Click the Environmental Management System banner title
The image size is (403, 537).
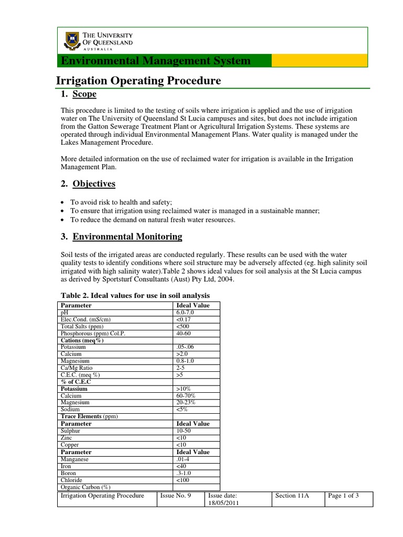pos(156,61)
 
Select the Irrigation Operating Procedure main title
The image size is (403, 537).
pos(139,81)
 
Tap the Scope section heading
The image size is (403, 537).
pos(84,94)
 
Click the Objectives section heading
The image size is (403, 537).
pos(94,184)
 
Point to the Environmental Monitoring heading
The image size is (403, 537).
pos(127,237)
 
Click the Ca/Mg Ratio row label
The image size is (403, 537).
pos(77,368)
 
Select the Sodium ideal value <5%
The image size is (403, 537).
pos(182,409)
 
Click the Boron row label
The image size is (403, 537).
pos(69,472)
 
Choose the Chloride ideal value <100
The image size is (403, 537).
pos(183,479)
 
